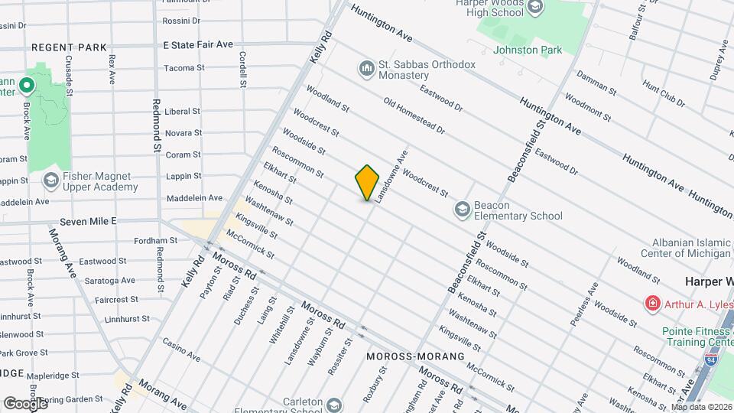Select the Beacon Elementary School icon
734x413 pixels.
point(462,209)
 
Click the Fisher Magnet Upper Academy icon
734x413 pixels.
point(51,180)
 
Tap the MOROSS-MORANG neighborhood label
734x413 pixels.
point(415,356)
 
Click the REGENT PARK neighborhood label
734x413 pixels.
point(69,47)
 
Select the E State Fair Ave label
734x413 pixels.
point(197,44)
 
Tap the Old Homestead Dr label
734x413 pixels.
point(414,116)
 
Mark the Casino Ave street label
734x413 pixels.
point(180,351)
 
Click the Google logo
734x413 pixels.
point(25,403)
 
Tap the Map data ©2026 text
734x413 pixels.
point(700,407)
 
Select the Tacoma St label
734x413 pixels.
point(184,68)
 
